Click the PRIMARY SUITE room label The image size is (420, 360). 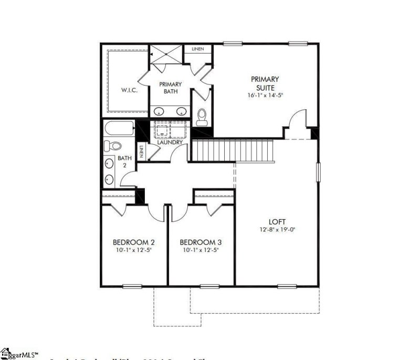click(x=265, y=83)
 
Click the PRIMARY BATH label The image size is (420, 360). click(x=171, y=88)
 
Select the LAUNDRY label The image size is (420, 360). click(x=170, y=142)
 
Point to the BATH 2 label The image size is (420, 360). click(x=124, y=162)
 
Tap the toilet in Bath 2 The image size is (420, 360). click(x=112, y=145)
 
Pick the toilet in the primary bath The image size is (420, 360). click(x=200, y=117)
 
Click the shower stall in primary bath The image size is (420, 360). click(x=166, y=55)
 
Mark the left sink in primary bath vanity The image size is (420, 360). click(x=159, y=111)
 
